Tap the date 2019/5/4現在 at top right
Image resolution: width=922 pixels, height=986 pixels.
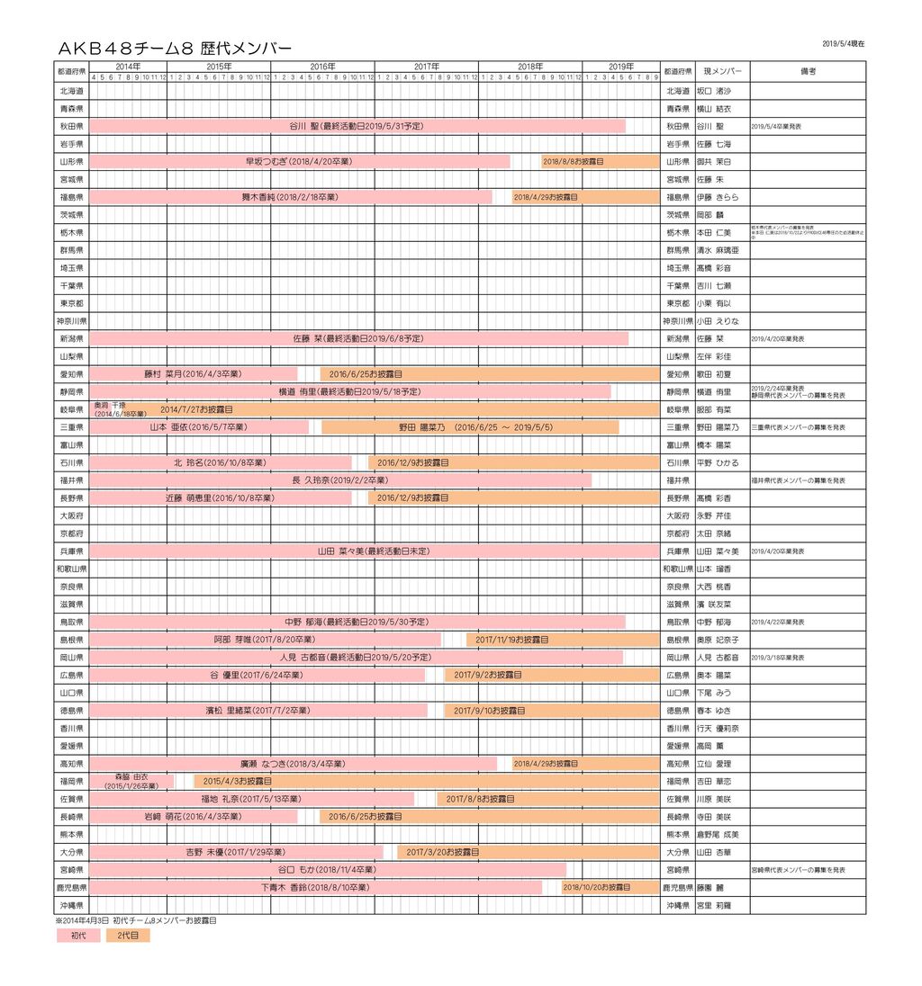point(843,43)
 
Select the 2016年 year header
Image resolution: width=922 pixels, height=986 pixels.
point(322,66)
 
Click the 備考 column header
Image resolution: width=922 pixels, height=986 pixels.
point(808,71)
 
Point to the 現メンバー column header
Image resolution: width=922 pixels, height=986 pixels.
point(722,71)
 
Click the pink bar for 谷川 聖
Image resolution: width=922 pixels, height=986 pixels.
point(357,126)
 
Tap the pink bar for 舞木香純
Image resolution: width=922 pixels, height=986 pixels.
point(290,197)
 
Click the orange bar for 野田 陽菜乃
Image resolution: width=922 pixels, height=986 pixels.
point(470,427)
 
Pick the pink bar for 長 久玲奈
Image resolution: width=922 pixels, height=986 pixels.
point(340,480)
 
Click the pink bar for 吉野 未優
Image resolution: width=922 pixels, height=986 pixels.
point(236,852)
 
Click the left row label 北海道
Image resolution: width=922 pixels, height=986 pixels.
point(71,91)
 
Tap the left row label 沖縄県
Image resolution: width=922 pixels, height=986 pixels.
point(71,905)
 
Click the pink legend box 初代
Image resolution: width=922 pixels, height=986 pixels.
point(78,936)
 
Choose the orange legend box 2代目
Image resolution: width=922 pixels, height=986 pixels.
point(128,936)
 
